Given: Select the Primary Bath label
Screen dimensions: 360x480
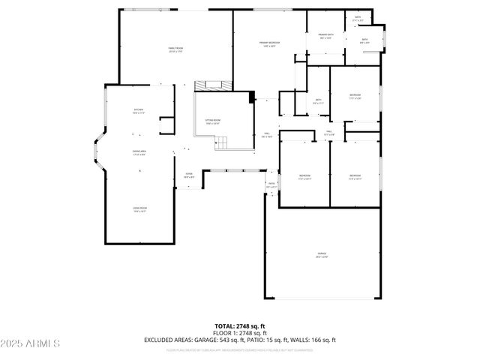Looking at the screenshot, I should pos(325,37).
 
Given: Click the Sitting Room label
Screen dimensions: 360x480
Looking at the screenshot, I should pos(213,121).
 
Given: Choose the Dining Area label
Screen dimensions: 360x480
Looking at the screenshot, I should pos(139,153).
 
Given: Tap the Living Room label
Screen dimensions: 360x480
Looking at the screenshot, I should pos(139,210).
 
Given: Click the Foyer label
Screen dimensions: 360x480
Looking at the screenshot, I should pos(189,175).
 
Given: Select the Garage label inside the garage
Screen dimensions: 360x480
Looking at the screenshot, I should pos(321,257).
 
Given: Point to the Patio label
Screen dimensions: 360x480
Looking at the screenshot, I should pos(271,184).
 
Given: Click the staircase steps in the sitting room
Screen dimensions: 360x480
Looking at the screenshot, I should pos(223,142).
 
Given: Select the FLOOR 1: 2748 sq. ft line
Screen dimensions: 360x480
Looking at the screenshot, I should pos(240,333).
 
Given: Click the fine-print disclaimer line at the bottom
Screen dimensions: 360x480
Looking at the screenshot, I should pos(240,349).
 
